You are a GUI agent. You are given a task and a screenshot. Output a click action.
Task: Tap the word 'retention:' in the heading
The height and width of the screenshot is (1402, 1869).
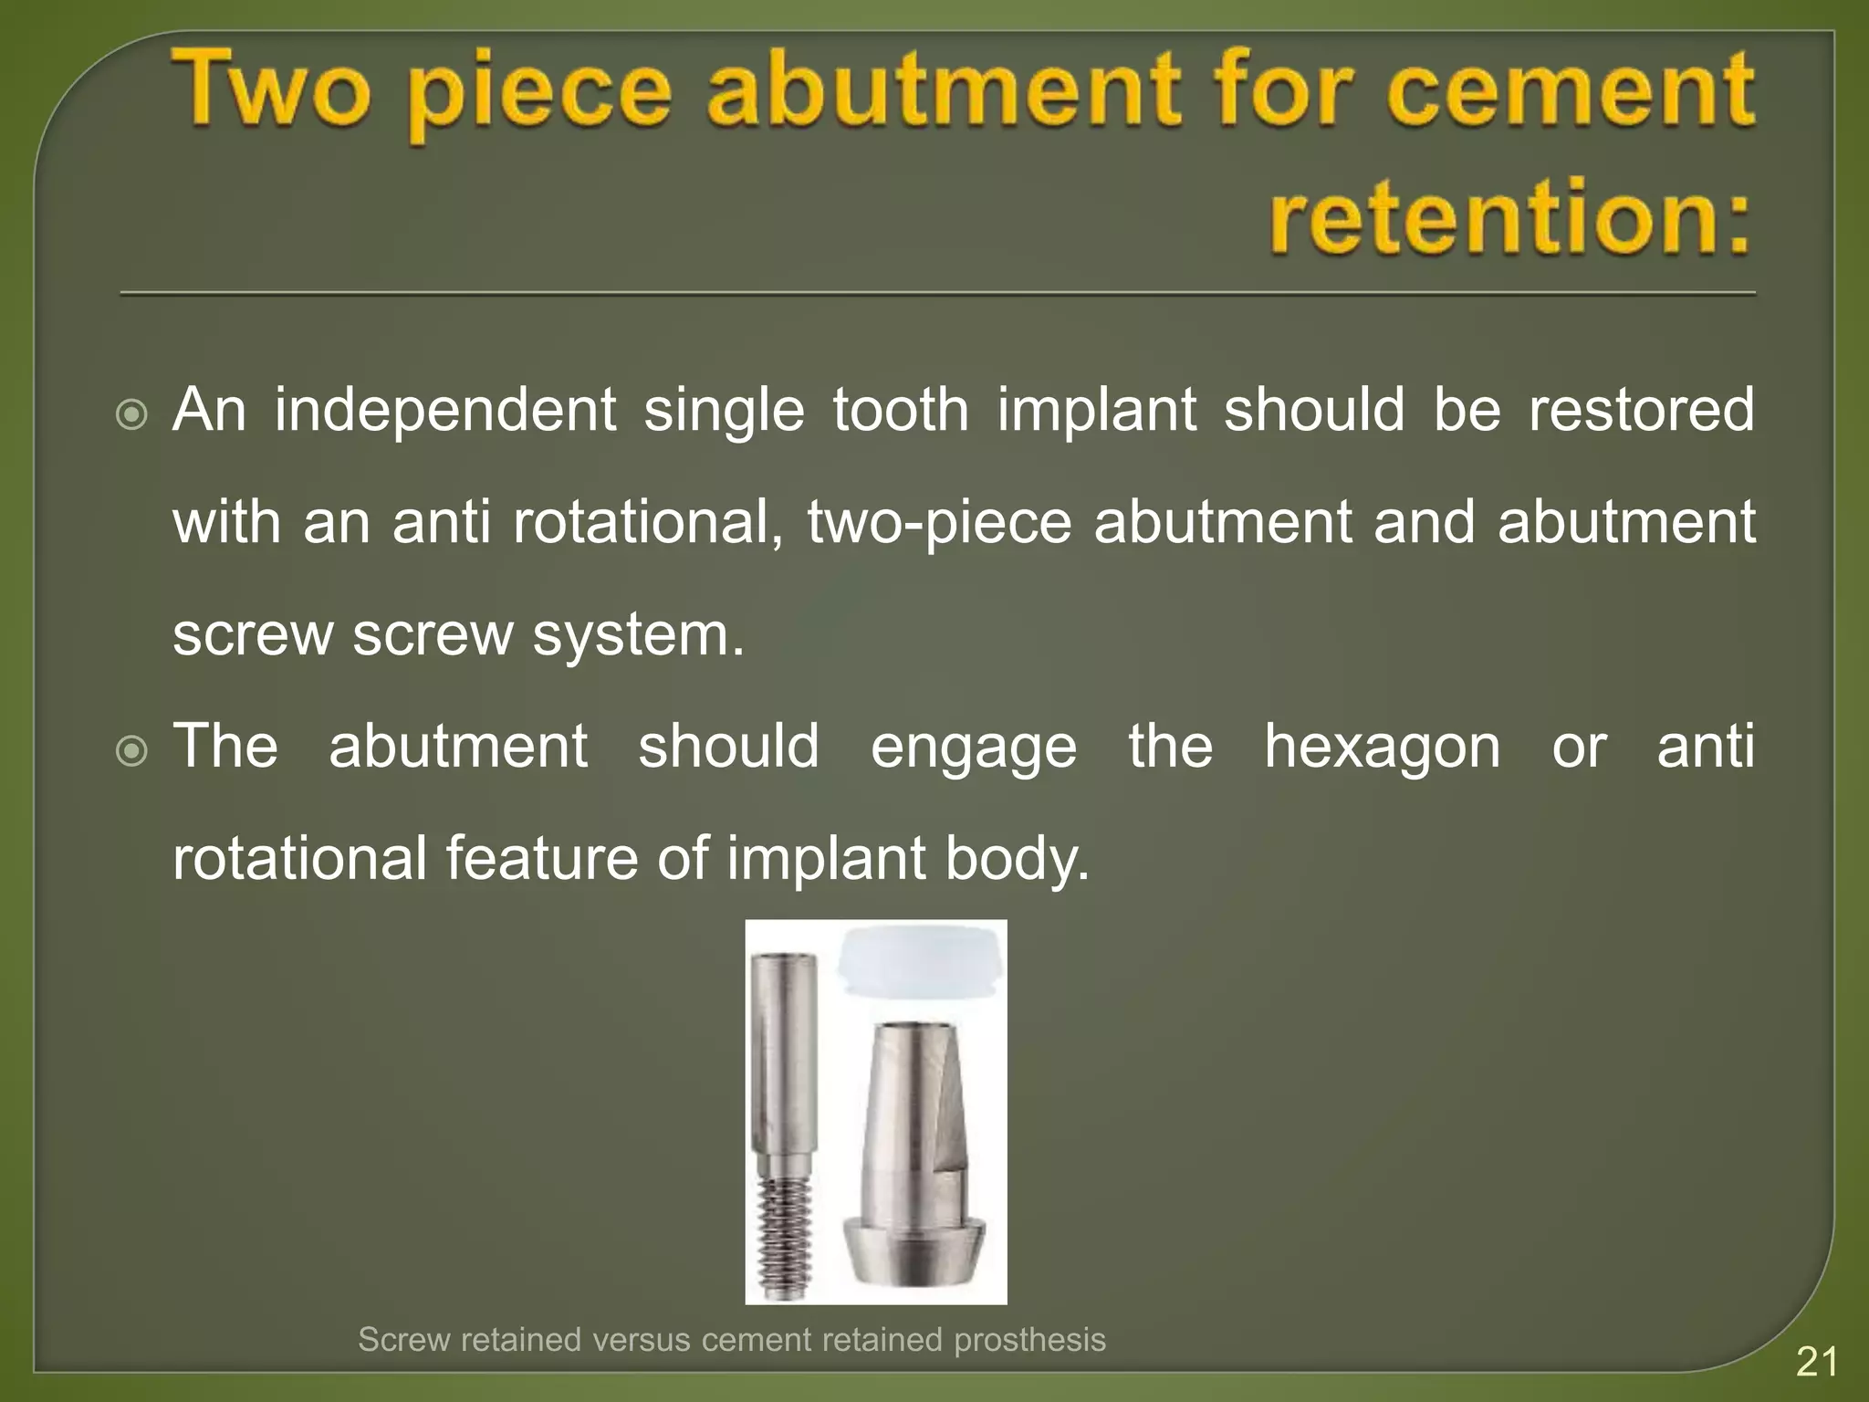(1510, 217)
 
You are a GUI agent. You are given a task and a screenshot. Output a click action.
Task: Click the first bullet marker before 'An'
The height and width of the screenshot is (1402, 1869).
(132, 416)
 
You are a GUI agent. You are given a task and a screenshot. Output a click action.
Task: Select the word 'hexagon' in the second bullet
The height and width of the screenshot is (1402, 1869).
(1382, 747)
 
